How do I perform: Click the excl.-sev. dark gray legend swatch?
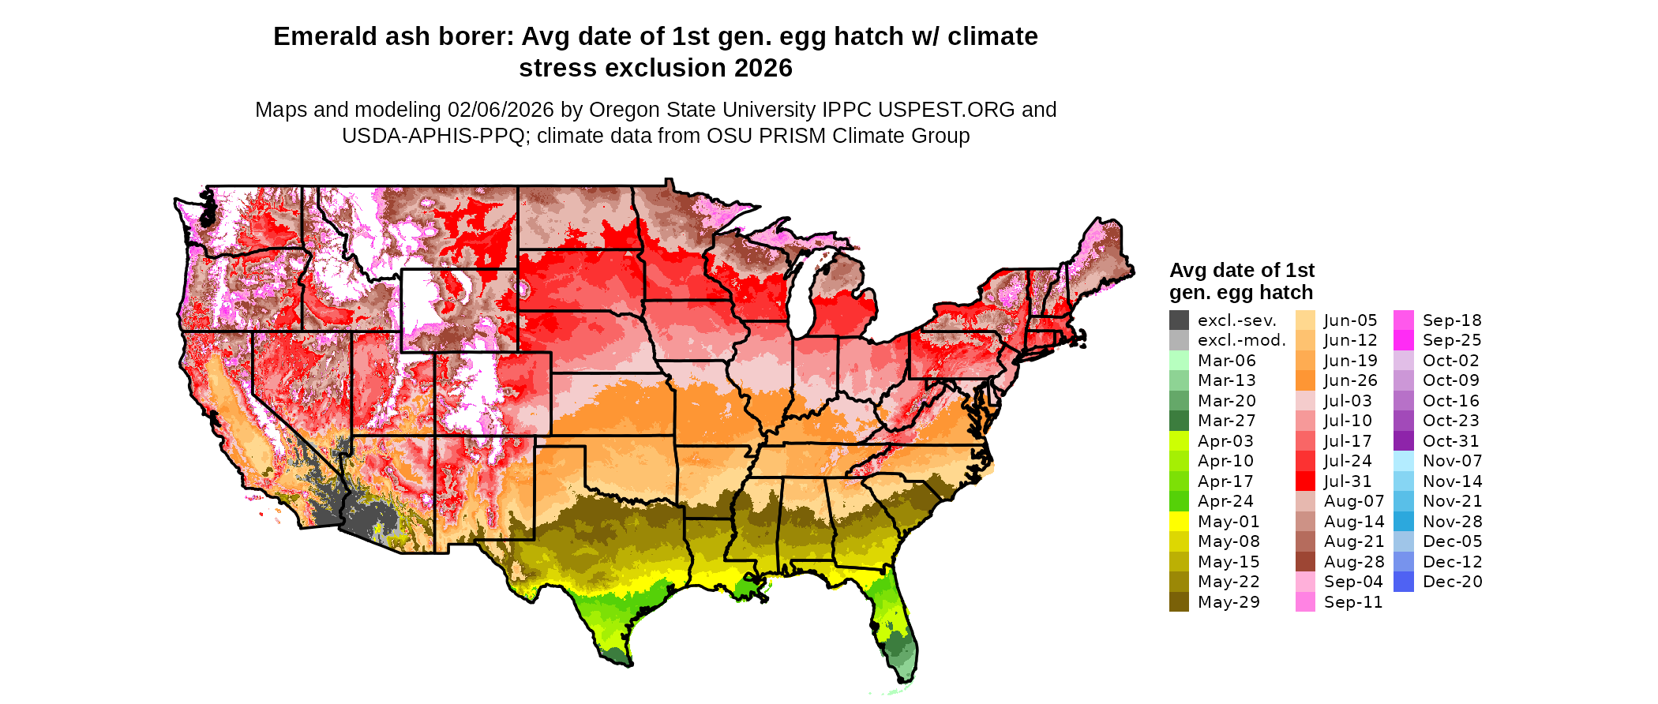1179,320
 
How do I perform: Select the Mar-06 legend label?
1226,361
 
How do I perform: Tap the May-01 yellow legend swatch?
1179,522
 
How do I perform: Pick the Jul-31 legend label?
1348,481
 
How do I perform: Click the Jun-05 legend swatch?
1306,320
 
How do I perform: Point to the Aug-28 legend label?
1354,562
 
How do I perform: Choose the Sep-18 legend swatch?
1404,320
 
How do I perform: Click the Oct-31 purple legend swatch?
1404,441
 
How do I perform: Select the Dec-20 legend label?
1453,582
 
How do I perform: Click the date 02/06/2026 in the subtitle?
501,110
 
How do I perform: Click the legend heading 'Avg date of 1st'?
1242,271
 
